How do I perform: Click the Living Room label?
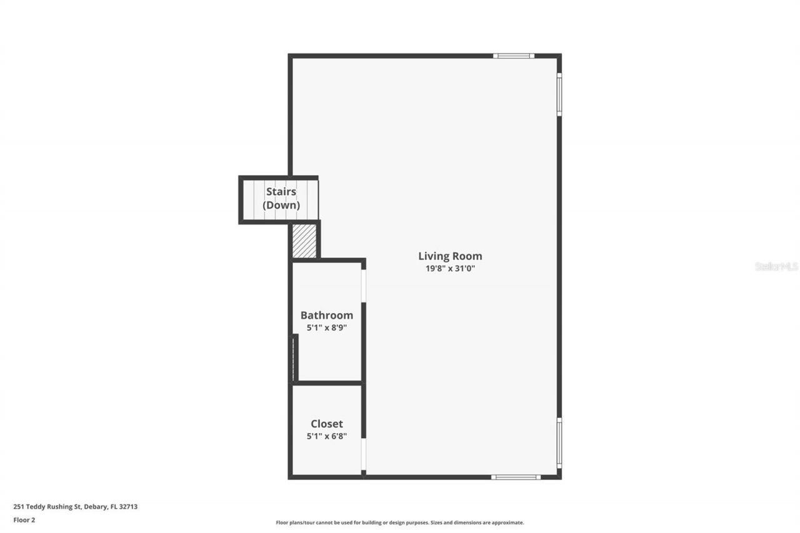click(x=450, y=256)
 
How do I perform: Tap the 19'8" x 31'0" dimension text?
click(x=450, y=269)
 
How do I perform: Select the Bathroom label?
click(x=326, y=315)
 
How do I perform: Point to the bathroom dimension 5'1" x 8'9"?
click(x=326, y=327)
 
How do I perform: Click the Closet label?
click(x=326, y=424)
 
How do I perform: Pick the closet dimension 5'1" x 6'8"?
click(x=326, y=436)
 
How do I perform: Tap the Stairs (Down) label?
click(x=281, y=198)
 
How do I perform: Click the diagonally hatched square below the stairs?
click(x=304, y=241)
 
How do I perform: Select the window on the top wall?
click(x=513, y=56)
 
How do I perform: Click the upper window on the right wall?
click(x=559, y=94)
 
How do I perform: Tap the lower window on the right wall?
click(x=559, y=442)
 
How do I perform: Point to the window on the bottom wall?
click(x=516, y=477)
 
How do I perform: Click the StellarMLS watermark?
click(x=777, y=266)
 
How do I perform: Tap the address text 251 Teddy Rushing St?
click(x=47, y=507)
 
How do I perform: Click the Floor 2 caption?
click(x=24, y=519)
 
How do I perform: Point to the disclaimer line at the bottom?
click(x=400, y=522)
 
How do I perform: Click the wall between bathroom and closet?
click(x=327, y=382)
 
